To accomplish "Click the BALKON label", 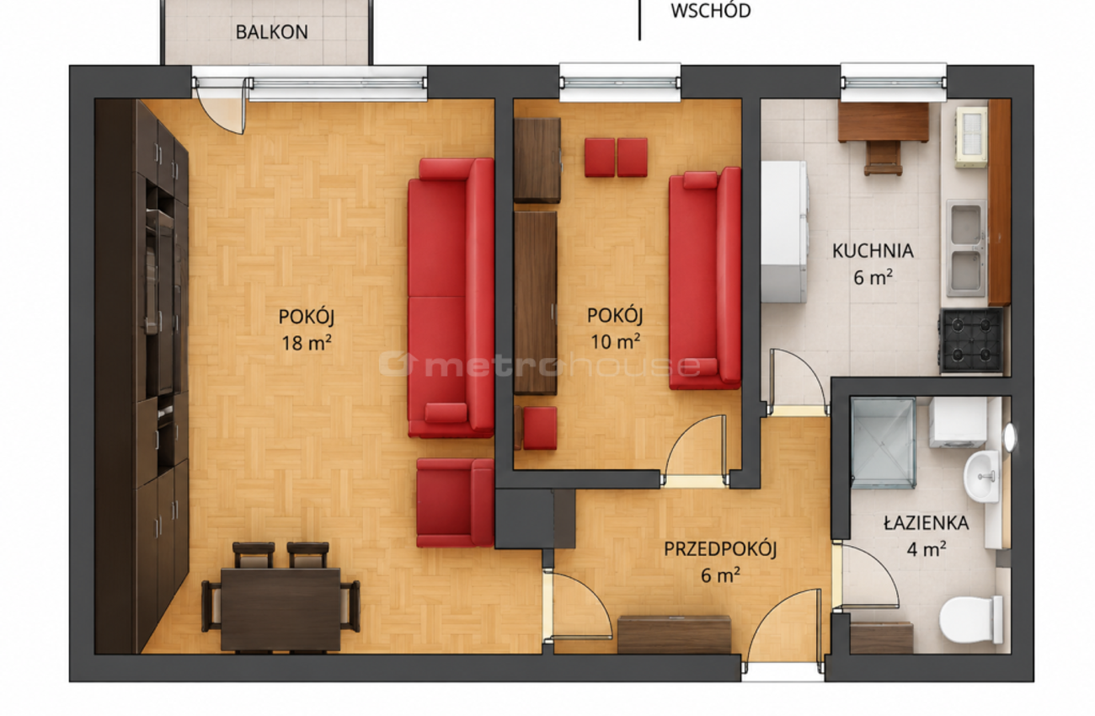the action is [272, 32].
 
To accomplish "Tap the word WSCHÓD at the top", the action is [711, 11].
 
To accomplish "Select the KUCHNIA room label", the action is [873, 251].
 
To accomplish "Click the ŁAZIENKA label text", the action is [927, 523].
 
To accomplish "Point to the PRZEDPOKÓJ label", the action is [720, 549].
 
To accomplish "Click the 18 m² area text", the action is [307, 343].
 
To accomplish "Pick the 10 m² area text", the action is [616, 342].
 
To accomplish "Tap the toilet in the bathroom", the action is [971, 619].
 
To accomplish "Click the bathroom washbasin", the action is [981, 476].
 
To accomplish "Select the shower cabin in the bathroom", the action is [883, 443].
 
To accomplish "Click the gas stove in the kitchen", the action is [971, 340].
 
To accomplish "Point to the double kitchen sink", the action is [966, 248].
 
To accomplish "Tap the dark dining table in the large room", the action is [280, 609].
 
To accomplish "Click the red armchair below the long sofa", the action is [455, 502].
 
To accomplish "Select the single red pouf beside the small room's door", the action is [540, 428].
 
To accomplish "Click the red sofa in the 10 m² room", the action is [705, 279].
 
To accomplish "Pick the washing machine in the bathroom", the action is [958, 422].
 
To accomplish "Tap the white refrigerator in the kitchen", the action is [784, 232].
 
